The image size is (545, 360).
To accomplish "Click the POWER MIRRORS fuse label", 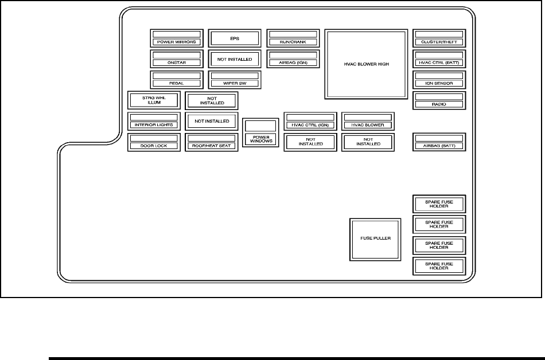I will click(x=176, y=42).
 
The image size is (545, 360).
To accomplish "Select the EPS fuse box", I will click(x=234, y=38).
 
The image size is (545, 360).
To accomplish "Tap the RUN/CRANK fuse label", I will click(x=293, y=42).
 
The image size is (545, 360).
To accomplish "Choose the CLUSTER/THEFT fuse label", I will click(x=439, y=42).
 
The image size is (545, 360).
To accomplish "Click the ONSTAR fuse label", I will click(x=176, y=62).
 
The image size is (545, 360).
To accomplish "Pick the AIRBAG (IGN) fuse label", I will click(x=293, y=62).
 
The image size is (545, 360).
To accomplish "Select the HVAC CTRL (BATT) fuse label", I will click(x=439, y=62).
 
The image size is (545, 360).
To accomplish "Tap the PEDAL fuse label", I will click(x=176, y=83).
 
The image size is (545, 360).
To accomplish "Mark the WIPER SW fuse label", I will click(x=234, y=83).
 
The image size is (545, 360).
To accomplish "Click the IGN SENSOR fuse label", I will click(x=439, y=83).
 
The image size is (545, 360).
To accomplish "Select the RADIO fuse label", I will click(x=439, y=104).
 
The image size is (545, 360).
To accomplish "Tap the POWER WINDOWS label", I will click(x=260, y=139).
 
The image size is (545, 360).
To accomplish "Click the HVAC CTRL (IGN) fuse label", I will click(x=310, y=125).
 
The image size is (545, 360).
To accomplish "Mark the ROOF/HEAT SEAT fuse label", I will click(x=211, y=146).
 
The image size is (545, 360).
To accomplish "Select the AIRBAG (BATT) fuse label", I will click(x=439, y=146).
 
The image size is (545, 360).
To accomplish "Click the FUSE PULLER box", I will click(x=375, y=238).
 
